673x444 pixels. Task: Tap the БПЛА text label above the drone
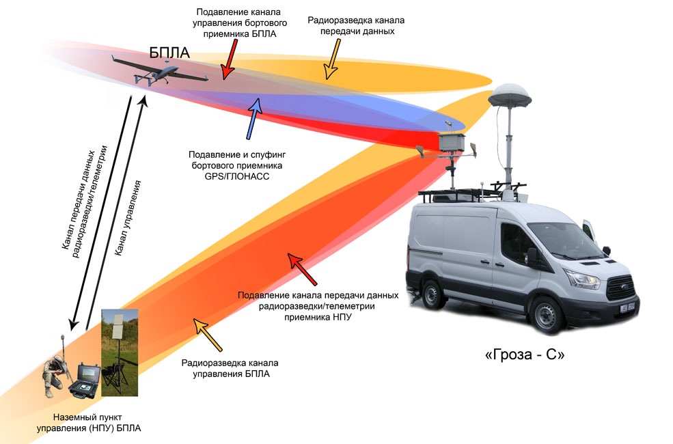point(169,53)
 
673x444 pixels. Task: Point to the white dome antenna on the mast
point(507,96)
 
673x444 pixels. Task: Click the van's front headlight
point(581,279)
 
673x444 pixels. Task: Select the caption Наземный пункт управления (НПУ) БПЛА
point(89,422)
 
